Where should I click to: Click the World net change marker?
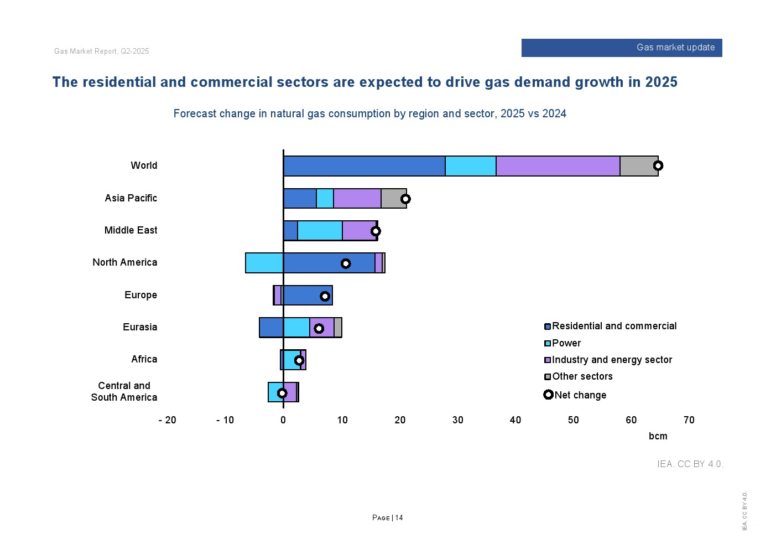pyautogui.click(x=658, y=165)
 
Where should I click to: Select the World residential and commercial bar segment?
pyautogui.click(x=364, y=166)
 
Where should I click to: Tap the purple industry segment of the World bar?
pyautogui.click(x=558, y=166)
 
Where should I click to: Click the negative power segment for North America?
pyautogui.click(x=264, y=263)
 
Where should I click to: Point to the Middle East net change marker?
pyautogui.click(x=376, y=231)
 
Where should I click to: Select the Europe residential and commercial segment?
pyautogui.click(x=307, y=296)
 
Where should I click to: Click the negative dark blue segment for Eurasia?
pyautogui.click(x=271, y=328)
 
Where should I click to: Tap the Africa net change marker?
pyautogui.click(x=299, y=360)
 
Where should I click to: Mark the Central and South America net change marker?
pyautogui.click(x=282, y=393)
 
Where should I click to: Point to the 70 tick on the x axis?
pyautogui.click(x=689, y=420)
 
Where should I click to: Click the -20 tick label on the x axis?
pyautogui.click(x=167, y=420)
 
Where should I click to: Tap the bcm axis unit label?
pyautogui.click(x=658, y=436)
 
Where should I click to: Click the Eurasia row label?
pyautogui.click(x=140, y=327)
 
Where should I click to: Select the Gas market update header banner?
pyautogui.click(x=622, y=48)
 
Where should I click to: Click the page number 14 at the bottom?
pyautogui.click(x=399, y=518)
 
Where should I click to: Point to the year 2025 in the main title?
pyautogui.click(x=661, y=82)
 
